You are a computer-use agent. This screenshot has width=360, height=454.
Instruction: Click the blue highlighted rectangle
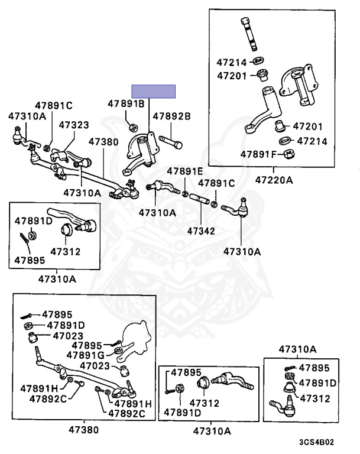click(154, 91)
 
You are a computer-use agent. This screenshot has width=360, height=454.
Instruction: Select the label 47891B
click(126, 103)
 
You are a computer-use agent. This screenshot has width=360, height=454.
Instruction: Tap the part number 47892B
click(172, 116)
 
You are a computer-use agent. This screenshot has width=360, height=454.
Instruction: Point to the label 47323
click(74, 125)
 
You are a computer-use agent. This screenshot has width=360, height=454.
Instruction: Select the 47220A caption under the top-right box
click(274, 179)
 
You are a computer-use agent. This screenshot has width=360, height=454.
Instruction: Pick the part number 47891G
click(86, 355)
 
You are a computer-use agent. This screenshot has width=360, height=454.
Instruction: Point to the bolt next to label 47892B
click(170, 143)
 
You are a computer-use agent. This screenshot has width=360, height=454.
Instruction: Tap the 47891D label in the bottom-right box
click(317, 383)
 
